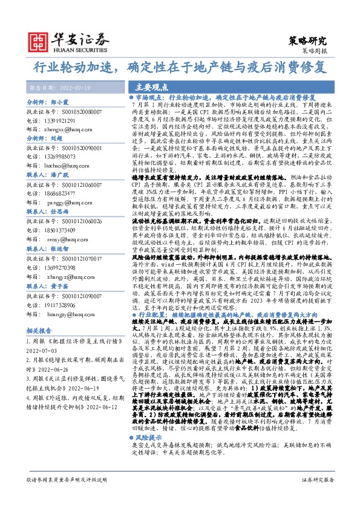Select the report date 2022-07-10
tap(73, 88)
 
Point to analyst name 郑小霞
tap(58, 103)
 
